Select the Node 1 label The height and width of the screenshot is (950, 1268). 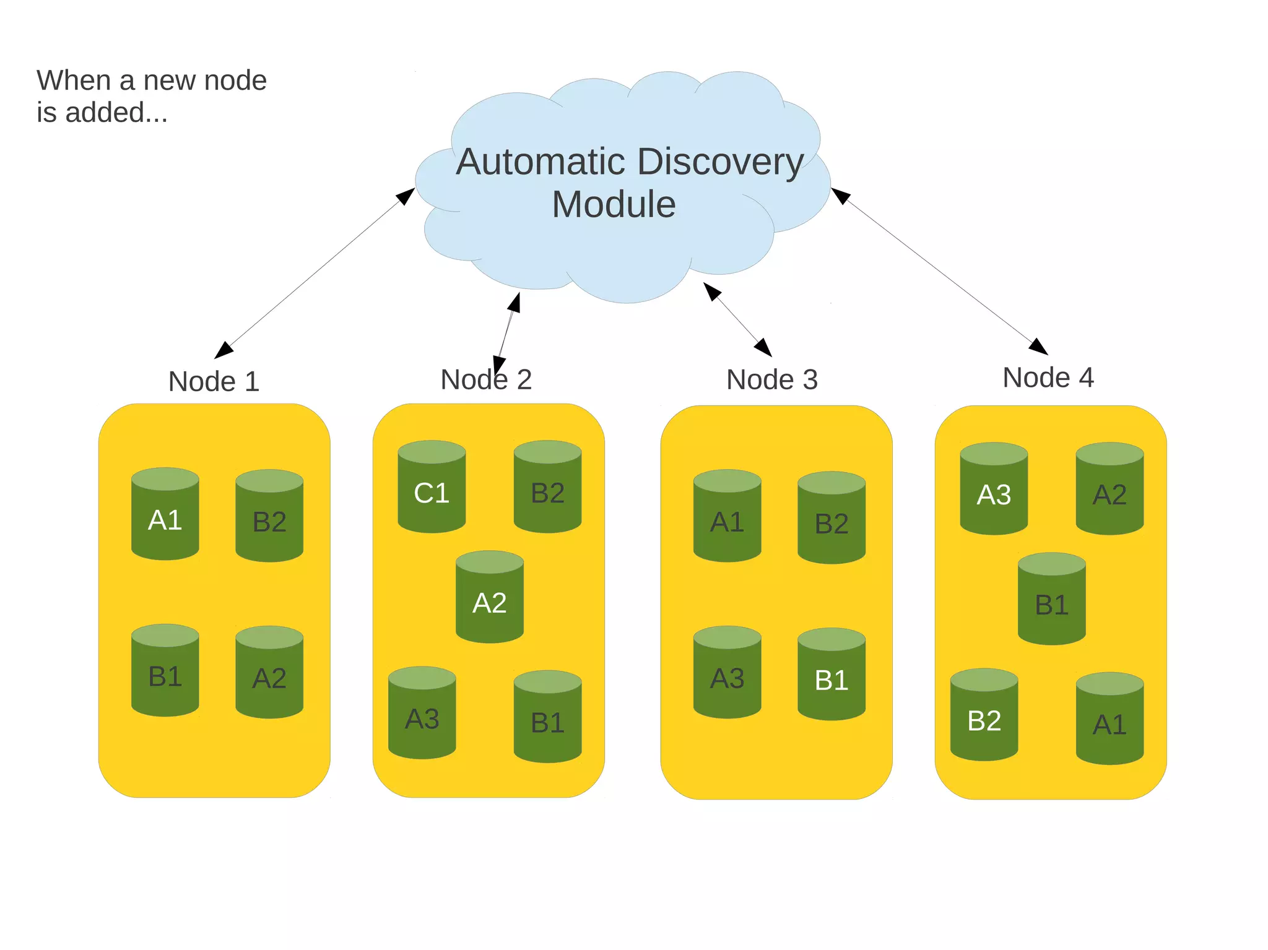point(214,381)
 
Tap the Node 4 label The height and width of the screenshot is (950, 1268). point(1048,378)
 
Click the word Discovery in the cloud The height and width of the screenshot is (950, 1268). point(720,162)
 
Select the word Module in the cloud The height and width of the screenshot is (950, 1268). point(614,204)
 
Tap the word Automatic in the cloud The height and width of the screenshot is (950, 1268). point(541,162)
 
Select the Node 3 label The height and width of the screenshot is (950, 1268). point(771,379)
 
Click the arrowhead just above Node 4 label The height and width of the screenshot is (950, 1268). point(1038,347)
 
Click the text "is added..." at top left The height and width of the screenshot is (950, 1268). point(102,113)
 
